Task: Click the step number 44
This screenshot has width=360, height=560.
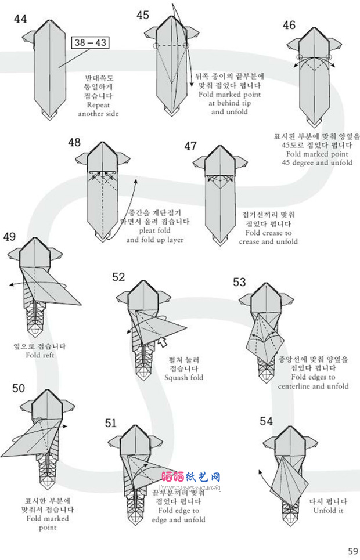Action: (x=20, y=19)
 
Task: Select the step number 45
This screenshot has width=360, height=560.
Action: (x=143, y=15)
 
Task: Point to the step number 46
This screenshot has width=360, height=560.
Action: (x=289, y=24)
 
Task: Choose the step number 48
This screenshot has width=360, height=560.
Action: (x=74, y=142)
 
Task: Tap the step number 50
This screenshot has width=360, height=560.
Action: (x=19, y=388)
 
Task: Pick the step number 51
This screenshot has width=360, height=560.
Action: (x=111, y=422)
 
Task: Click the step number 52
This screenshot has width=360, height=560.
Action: (x=118, y=277)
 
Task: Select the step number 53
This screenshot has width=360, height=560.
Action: (x=239, y=282)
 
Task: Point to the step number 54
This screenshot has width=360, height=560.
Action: (x=267, y=421)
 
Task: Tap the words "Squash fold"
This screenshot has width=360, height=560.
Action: (x=184, y=377)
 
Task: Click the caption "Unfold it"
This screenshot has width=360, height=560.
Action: (x=329, y=511)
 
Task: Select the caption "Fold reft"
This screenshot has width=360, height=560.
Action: (x=39, y=355)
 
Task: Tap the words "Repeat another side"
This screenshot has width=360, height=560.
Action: (x=98, y=110)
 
